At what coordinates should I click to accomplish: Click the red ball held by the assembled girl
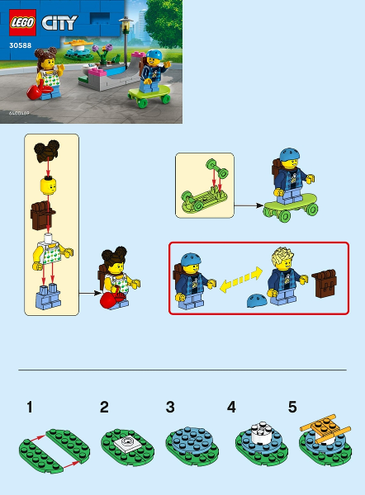pyautogui.click(x=106, y=303)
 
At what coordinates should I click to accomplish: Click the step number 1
pyautogui.click(x=30, y=407)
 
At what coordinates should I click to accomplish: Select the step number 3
pyautogui.click(x=170, y=407)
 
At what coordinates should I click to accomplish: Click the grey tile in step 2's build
pyautogui.click(x=126, y=442)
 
